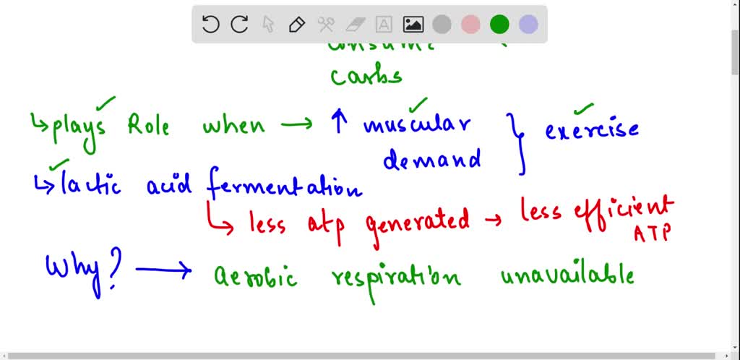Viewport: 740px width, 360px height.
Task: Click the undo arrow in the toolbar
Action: [210, 25]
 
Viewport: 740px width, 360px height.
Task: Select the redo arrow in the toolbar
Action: [239, 25]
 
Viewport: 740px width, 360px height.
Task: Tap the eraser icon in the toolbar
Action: [355, 25]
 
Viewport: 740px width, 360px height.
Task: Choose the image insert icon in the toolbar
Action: [413, 25]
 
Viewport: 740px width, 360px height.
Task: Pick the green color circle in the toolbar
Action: [499, 25]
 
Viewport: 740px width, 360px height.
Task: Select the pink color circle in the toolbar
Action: [470, 25]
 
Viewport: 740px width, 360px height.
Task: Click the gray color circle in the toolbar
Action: [442, 25]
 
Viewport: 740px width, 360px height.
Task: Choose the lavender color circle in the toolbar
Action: [528, 25]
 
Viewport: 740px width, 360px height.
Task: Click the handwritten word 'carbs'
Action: [366, 75]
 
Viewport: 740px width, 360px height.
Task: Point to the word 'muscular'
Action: [417, 125]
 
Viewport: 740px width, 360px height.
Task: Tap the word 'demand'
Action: [432, 158]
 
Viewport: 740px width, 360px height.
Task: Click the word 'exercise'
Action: [592, 130]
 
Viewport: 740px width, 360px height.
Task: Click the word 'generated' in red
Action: [418, 220]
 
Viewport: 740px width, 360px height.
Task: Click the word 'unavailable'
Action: [567, 275]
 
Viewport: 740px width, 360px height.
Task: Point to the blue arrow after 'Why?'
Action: [163, 271]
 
